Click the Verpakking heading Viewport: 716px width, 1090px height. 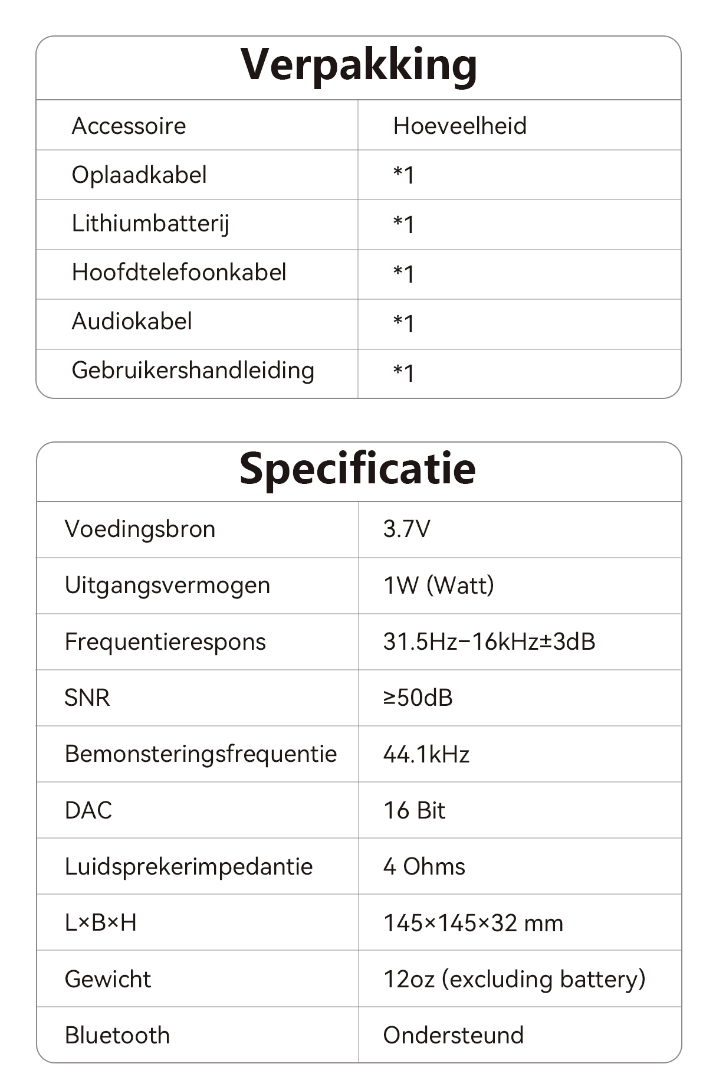(359, 65)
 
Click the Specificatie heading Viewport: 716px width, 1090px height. (357, 469)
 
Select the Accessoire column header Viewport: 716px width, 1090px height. (129, 126)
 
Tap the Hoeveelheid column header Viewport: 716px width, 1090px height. (459, 126)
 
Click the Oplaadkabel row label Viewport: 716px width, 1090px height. (139, 175)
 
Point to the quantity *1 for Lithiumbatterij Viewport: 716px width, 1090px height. (404, 224)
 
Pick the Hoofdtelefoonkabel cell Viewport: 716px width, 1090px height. (179, 273)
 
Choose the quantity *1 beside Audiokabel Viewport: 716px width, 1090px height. (404, 323)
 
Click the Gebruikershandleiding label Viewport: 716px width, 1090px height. (193, 371)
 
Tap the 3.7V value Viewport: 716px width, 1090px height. (406, 529)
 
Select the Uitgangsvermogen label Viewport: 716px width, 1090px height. (167, 585)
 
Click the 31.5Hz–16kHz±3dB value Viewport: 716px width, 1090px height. (489, 641)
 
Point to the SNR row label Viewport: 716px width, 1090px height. (87, 698)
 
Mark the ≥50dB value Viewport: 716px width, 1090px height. (418, 698)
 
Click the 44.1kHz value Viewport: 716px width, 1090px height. (426, 754)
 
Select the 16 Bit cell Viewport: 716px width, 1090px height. (414, 810)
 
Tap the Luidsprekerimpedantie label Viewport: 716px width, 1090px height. (189, 866)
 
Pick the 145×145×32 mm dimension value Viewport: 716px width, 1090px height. (473, 923)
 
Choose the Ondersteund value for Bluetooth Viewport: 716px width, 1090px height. (453, 1035)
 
